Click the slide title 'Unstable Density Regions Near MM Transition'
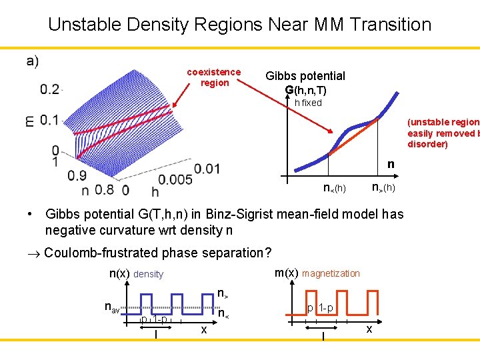coord(240,25)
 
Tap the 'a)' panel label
coord(33,61)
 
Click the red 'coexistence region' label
coord(213,77)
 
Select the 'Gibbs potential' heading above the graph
coord(305,76)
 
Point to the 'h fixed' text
coord(308,103)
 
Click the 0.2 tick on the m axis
coord(49,89)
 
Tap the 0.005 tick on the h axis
coord(175,179)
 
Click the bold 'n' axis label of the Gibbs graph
coord(391,164)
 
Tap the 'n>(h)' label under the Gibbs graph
coord(383,188)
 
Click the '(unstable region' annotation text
coord(443,122)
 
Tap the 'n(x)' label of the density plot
coord(119,273)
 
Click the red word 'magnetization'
coord(331,273)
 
